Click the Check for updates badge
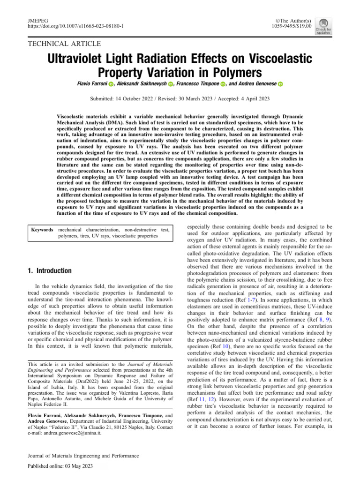coord(323,27)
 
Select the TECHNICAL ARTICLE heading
coord(65,44)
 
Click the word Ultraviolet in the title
coord(83,60)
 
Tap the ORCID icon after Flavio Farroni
coord(111,84)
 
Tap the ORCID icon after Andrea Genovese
coord(280,84)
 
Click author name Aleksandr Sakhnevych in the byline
coord(141,84)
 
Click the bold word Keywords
coord(42,230)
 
